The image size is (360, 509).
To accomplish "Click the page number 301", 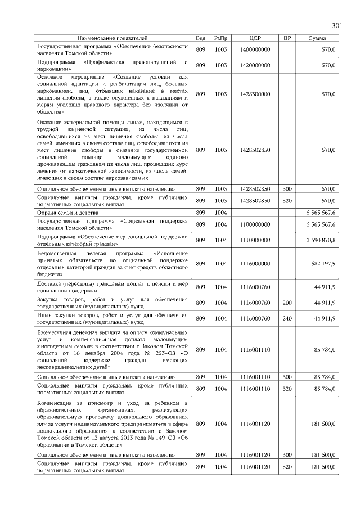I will pos(337,25).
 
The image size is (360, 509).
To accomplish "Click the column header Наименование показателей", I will pos(112,38).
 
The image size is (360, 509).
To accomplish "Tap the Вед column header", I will pos(200,38).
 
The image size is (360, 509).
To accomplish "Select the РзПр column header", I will pos(220,38).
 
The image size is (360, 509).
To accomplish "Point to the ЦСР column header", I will pos(255,38).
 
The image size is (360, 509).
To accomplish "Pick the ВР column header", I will pos(287,38).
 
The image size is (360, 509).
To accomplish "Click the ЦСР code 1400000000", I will pos(255,49).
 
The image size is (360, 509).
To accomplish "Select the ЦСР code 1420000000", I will pos(255,65).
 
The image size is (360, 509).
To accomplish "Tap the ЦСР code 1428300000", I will pos(255,94).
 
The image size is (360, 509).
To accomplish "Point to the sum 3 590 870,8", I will pos(321,241).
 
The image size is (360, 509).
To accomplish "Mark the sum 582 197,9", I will pos(324,263).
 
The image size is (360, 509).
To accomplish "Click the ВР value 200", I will pos(287,303).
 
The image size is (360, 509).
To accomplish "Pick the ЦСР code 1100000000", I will pos(255,225).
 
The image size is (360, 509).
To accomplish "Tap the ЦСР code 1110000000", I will pos(255,241).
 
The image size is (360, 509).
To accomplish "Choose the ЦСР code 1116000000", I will pos(255,263).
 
